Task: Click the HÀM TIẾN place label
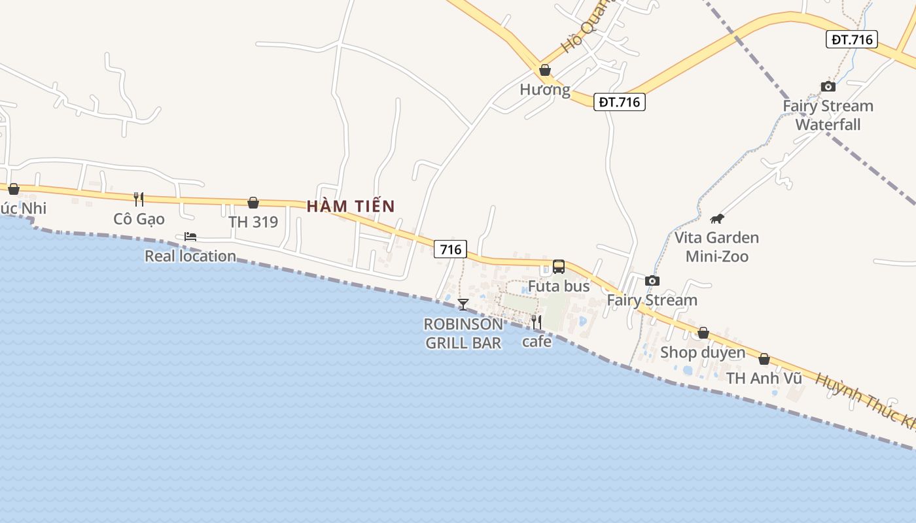point(351,207)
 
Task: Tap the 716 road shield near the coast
point(450,249)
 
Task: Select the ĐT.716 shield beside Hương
point(619,102)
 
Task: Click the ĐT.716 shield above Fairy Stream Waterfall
point(851,39)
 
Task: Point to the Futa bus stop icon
point(558,267)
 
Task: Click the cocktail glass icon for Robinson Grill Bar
point(463,304)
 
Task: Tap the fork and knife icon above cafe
point(536,322)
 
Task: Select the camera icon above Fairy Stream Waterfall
point(828,86)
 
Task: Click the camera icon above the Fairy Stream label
point(652,280)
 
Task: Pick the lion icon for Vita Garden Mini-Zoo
point(717,219)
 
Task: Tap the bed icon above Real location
point(190,237)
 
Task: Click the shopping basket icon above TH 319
point(253,203)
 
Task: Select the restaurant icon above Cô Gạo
point(138,199)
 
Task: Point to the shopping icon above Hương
point(544,70)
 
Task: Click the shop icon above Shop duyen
point(703,333)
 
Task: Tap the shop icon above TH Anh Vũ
point(764,360)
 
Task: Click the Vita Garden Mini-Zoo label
point(716,246)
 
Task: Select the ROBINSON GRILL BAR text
point(463,333)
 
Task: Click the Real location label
point(190,256)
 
